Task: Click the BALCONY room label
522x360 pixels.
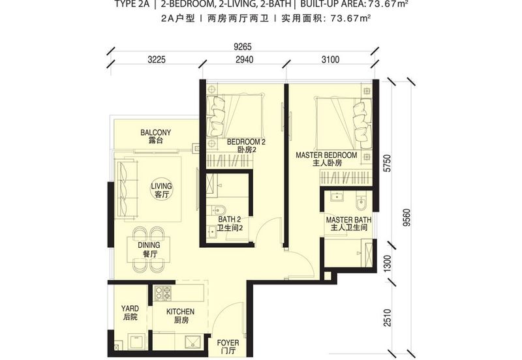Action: point(155,132)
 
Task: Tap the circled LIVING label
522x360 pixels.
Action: point(161,186)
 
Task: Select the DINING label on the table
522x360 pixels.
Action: point(149,245)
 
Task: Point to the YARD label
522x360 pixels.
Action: point(130,308)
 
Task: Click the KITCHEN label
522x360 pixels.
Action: point(181,312)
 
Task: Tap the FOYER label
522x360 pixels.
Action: point(228,342)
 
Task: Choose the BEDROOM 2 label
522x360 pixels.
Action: point(246,142)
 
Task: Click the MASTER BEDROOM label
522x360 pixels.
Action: point(326,155)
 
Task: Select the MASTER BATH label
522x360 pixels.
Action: point(348,220)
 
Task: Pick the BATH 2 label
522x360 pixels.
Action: point(230,220)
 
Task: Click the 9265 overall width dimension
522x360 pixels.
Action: point(243,46)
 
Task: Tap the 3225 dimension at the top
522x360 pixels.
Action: point(157,59)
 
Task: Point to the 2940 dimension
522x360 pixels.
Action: point(244,59)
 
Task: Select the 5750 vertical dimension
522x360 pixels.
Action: point(387,163)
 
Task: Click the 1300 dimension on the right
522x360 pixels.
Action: point(387,264)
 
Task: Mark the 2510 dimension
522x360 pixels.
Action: point(387,318)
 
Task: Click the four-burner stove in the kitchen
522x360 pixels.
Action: point(163,293)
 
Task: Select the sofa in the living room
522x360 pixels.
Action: point(127,188)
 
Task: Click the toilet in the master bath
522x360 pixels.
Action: point(361,203)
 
